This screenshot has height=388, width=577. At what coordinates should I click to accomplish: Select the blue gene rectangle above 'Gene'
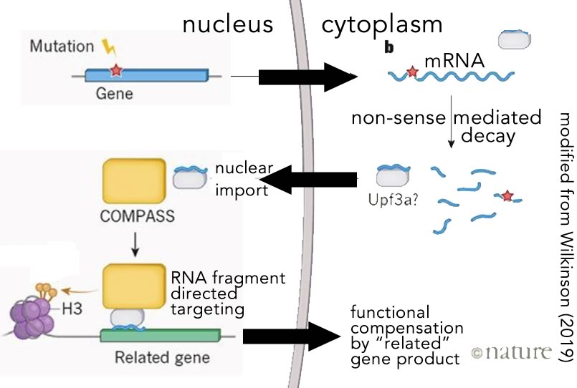pyautogui.click(x=146, y=74)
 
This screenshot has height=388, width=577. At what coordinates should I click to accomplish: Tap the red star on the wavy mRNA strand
pyautogui.click(x=412, y=72)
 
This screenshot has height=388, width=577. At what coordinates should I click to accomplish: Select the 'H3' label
pyautogui.click(x=74, y=309)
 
